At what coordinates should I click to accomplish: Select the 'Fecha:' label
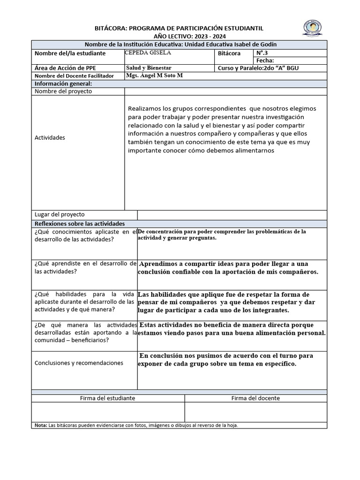(x=265, y=60)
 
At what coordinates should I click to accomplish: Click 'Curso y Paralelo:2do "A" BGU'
(x=258, y=68)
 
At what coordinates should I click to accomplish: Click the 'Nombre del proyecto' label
(x=63, y=91)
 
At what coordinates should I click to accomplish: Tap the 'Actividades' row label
(x=50, y=137)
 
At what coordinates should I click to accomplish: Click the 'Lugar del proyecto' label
(x=60, y=214)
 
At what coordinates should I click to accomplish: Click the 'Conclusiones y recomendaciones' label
(x=79, y=363)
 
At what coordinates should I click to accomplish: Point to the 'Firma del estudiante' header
(x=107, y=398)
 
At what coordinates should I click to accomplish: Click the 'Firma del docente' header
(x=255, y=398)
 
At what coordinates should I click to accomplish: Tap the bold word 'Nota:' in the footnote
(x=41, y=425)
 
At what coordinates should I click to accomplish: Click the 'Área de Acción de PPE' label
(x=65, y=68)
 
